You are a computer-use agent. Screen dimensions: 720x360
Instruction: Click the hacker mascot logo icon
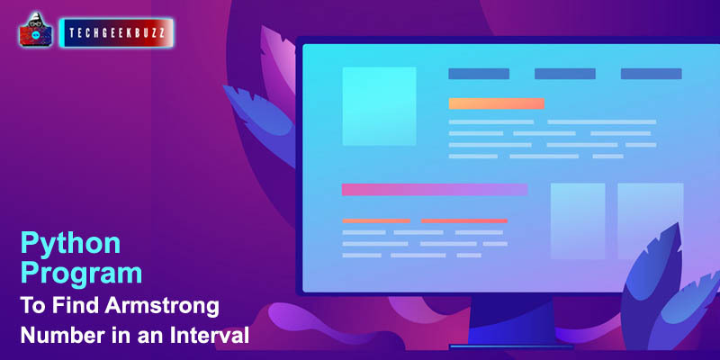pos(35,30)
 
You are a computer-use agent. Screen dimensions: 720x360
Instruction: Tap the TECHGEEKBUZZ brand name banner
pos(117,33)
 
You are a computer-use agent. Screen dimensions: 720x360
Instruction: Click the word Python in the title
pos(71,244)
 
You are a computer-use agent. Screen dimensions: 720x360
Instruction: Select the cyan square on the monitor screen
pos(379,106)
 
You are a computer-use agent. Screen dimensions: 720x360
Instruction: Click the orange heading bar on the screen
pos(497,103)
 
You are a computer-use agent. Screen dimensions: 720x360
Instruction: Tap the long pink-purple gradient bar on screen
pos(435,190)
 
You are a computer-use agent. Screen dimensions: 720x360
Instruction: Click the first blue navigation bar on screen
pos(479,74)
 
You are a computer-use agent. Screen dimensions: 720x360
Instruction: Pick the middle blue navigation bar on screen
pos(565,74)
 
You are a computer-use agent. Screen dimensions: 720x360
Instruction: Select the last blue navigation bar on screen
pos(651,74)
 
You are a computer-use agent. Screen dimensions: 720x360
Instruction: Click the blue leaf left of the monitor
pos(258,121)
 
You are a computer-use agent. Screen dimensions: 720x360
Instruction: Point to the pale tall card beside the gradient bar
pos(578,220)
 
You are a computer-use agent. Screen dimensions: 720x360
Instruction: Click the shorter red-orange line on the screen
pos(376,220)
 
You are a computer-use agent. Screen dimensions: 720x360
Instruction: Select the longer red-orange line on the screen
pos(464,220)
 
